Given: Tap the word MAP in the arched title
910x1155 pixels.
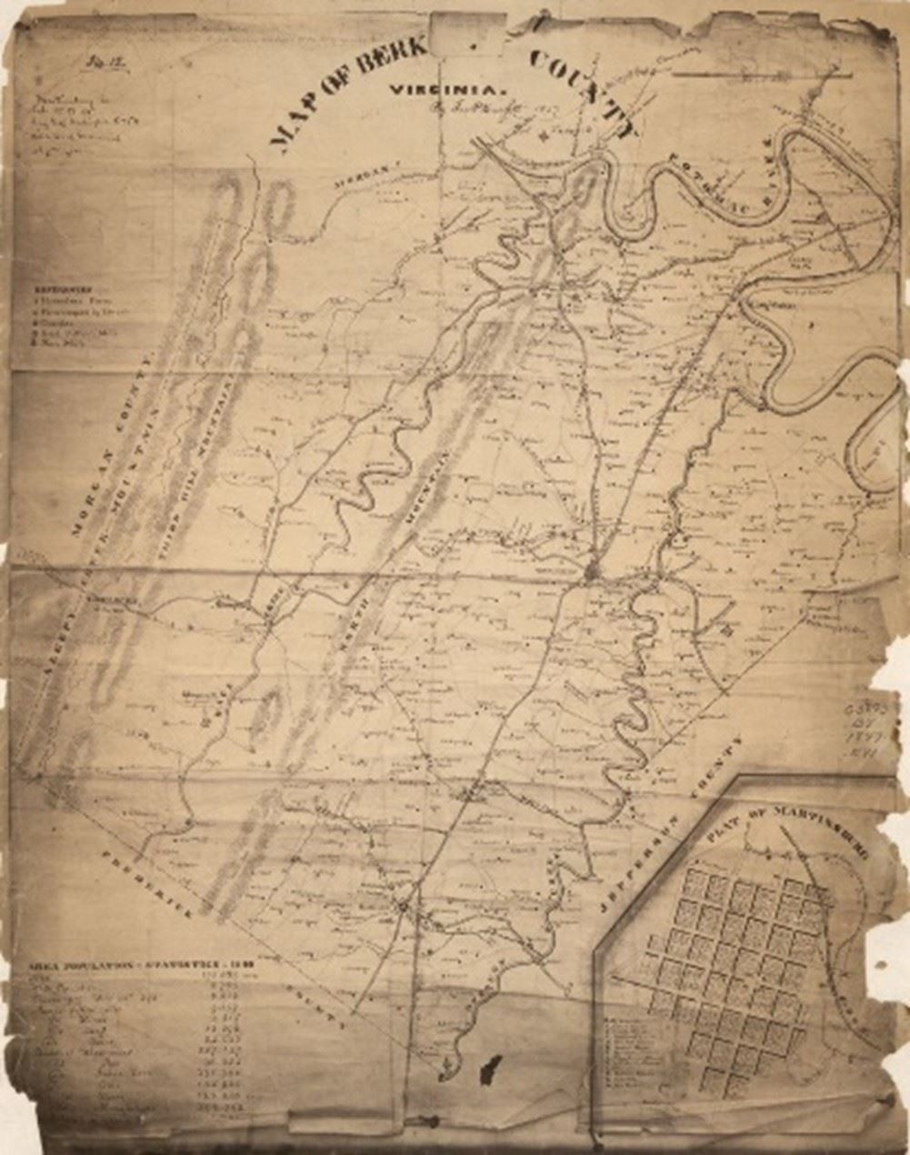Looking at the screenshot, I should coord(290,126).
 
